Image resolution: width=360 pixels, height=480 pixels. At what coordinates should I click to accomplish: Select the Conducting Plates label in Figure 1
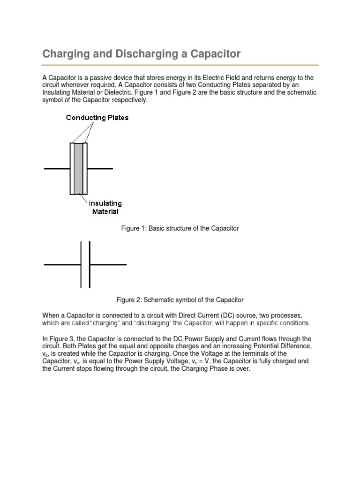click(97, 118)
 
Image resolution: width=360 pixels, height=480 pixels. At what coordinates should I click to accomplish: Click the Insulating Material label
click(106, 207)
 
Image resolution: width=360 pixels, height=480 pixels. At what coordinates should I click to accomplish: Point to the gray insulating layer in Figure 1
click(78, 168)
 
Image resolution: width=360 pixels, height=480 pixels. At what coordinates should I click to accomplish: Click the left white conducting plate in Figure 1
click(72, 168)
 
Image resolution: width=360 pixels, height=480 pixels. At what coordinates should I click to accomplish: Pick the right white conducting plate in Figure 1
click(85, 168)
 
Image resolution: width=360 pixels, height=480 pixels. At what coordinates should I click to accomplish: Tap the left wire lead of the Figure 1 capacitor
click(57, 168)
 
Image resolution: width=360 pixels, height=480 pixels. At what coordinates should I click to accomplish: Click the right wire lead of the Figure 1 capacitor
click(100, 168)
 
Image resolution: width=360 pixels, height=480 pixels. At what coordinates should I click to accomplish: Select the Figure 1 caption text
click(180, 228)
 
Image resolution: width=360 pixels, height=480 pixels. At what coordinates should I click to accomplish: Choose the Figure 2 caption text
click(180, 300)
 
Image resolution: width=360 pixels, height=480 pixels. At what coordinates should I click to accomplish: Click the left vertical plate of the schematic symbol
click(81, 265)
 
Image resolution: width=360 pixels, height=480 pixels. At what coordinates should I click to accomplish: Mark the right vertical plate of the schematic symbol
click(89, 265)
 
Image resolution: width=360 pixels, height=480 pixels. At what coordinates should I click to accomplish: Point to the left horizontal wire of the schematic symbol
click(62, 265)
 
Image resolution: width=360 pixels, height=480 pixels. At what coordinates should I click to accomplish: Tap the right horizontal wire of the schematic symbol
click(108, 265)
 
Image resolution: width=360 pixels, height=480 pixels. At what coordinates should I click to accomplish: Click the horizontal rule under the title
click(180, 65)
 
